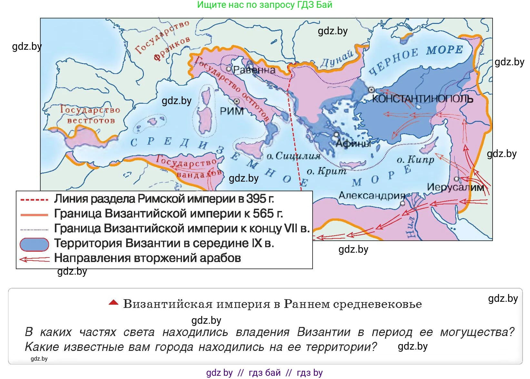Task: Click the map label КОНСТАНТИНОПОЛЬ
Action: [x=423, y=99]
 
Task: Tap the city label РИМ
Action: [x=232, y=111]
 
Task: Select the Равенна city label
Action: [x=254, y=70]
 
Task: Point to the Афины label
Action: [x=353, y=143]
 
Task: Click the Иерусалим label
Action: [x=455, y=187]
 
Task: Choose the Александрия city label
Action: [x=372, y=195]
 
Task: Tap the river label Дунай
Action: [x=337, y=59]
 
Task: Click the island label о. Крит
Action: [x=326, y=171]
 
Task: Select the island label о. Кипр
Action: [x=415, y=160]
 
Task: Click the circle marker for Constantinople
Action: [x=371, y=89]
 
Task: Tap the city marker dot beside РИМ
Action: [x=237, y=101]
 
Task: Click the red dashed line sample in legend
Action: [x=34, y=200]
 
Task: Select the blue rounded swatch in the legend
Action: [x=34, y=244]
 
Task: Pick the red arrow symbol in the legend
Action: [x=34, y=259]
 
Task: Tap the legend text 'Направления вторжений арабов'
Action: [x=147, y=258]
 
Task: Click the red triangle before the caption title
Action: [x=113, y=303]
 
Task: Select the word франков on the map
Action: [x=172, y=49]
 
